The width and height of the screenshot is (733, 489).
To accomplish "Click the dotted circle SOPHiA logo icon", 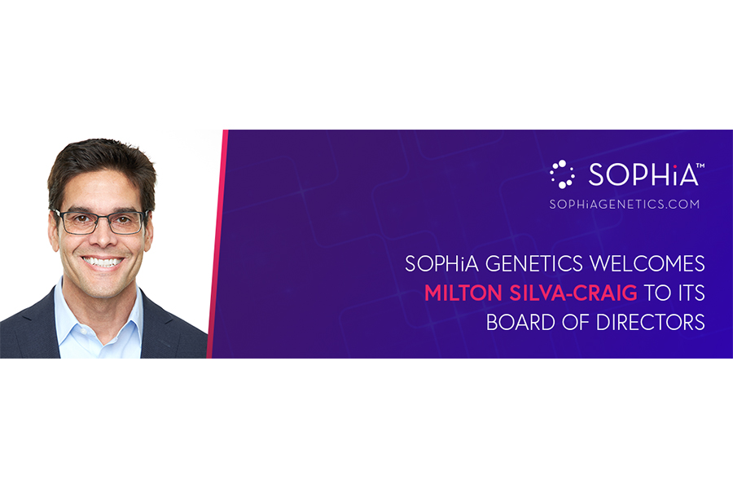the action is pos(562,174).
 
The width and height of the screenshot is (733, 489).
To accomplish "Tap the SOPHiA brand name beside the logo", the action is pos(643,174).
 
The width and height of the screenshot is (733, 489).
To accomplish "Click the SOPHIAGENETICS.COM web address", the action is pos(625,204).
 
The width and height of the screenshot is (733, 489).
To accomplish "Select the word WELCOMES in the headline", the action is pos(647,263).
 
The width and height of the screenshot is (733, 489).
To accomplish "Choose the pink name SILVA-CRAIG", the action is pos(573,293).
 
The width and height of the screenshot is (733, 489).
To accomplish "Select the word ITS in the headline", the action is pos(690,293).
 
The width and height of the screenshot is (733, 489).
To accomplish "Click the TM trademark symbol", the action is pos(700,165).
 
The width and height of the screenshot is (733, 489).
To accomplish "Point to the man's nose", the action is pos(103,234).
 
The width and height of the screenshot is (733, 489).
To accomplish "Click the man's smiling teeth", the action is pos(103,262).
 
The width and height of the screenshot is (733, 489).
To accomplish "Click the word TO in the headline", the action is pos(656,293).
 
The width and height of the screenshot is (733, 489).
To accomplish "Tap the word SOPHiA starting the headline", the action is pos(442,263).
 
